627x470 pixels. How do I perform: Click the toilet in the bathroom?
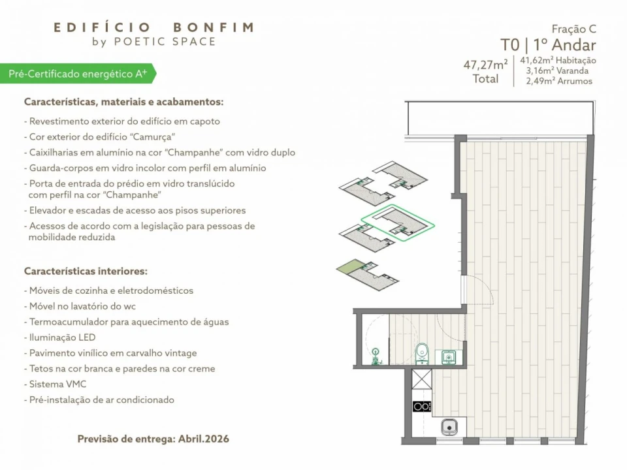422,353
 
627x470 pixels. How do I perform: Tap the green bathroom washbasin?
448,356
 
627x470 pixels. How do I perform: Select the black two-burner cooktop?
422,406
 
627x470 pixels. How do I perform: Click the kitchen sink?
449,428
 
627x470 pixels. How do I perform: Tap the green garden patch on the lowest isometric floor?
349,268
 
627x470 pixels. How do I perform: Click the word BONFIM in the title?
213,27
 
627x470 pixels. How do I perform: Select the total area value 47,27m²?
485,65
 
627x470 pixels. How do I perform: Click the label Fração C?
573,29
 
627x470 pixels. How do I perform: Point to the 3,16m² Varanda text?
556,70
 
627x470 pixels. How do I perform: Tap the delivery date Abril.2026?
203,439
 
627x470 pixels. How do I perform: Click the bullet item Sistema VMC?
57,384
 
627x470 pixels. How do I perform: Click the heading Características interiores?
86,270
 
